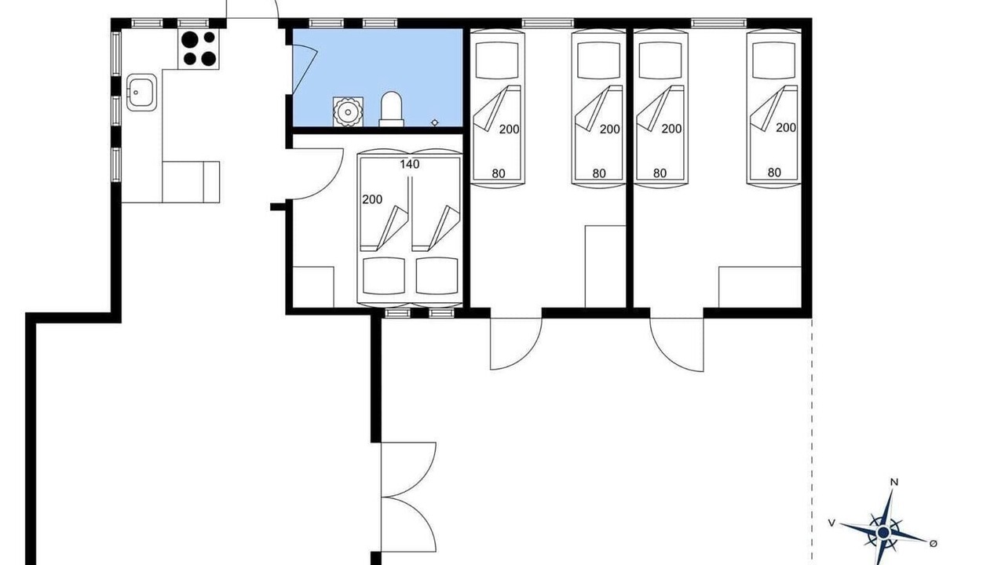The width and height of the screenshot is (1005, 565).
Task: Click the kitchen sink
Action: coord(141,93)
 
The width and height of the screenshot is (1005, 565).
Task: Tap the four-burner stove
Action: coord(199,49)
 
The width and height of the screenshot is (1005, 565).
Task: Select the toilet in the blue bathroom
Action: coord(391,109)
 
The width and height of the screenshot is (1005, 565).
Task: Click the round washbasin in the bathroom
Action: coord(348,111)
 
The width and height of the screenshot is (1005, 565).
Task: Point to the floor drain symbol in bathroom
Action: coord(434,122)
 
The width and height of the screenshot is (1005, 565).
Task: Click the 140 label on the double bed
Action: coord(410,164)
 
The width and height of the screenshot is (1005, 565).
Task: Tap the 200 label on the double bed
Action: coord(372,199)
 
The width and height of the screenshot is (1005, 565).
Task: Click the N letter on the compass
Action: coord(894,483)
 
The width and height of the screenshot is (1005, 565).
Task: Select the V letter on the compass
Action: coord(831,523)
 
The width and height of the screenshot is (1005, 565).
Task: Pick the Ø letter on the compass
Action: coord(934,544)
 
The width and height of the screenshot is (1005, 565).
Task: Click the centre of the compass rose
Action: coord(883,533)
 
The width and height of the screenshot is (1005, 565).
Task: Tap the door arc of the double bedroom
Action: coord(332,184)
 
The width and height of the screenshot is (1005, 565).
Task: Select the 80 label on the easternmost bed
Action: coord(774,172)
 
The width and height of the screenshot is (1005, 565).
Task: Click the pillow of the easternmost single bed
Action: coord(774,60)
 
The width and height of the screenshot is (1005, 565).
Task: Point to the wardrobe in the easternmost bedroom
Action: coord(759,287)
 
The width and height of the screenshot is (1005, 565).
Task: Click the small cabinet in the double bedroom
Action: coord(313,287)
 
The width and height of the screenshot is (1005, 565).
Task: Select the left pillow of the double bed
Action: coord(384,276)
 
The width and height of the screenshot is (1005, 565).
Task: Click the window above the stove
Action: coord(193,23)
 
